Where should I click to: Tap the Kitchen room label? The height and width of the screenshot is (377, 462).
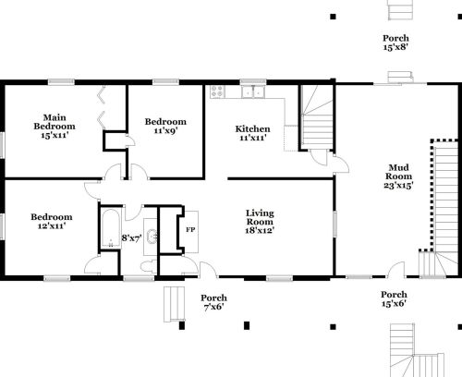(x=252, y=129)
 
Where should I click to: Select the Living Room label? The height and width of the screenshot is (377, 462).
(x=260, y=217)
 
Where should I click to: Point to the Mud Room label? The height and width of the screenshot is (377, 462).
(x=398, y=172)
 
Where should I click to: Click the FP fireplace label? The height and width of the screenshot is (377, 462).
(x=190, y=230)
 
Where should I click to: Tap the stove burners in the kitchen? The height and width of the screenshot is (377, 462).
(x=217, y=91)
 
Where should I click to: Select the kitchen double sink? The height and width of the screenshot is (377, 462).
(x=253, y=91)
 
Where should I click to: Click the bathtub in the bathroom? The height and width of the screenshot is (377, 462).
(x=110, y=228)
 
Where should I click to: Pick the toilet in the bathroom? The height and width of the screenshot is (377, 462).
(x=149, y=266)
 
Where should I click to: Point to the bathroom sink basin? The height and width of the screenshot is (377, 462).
(x=152, y=237)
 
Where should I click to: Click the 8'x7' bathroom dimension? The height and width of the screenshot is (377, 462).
(x=132, y=238)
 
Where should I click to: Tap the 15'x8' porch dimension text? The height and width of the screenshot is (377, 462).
(x=395, y=47)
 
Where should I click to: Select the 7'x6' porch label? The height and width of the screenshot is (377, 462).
(x=213, y=307)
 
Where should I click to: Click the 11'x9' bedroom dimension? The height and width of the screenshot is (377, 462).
(x=165, y=130)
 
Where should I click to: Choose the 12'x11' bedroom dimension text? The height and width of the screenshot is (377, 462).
(x=52, y=225)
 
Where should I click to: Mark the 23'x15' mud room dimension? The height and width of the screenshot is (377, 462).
(x=398, y=186)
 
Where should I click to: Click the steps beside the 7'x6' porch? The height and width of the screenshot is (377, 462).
(x=174, y=304)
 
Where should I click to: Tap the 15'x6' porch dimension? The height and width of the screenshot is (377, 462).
(x=394, y=304)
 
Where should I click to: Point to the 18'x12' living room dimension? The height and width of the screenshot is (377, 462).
(x=260, y=230)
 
